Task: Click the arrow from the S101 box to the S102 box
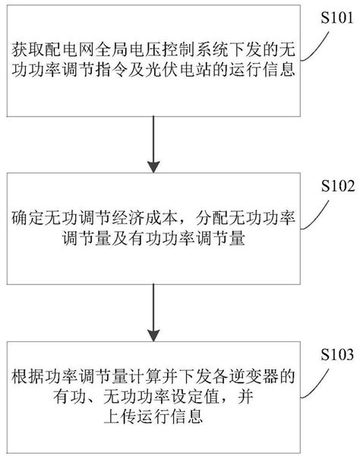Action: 155,140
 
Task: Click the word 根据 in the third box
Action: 26,376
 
